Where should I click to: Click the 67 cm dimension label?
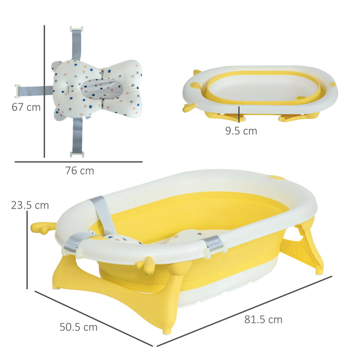(x=26, y=107)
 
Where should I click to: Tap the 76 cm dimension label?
(x=79, y=170)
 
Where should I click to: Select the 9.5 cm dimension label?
(x=240, y=131)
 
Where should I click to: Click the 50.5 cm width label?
(x=78, y=327)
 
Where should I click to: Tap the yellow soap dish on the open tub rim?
(x=276, y=177)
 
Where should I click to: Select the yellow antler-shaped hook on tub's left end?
(x=42, y=227)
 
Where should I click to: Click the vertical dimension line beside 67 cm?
(x=44, y=90)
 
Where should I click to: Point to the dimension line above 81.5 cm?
(x=245, y=310)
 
